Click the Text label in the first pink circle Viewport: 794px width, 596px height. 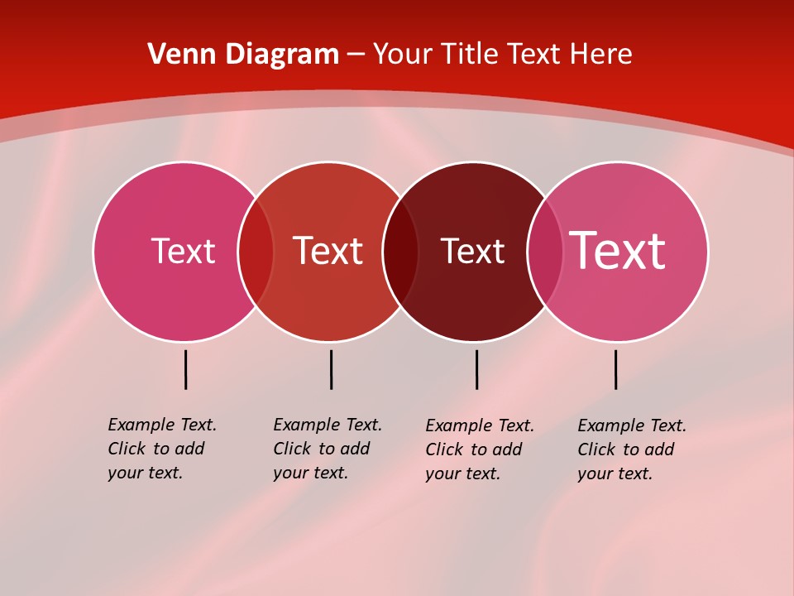tap(183, 251)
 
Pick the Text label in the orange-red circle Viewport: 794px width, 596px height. tap(328, 251)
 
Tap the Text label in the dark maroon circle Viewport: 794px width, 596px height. tap(472, 251)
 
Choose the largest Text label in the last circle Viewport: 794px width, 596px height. tap(618, 251)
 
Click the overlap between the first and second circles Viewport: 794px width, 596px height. tap(256, 252)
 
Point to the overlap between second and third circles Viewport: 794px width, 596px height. tap(400, 252)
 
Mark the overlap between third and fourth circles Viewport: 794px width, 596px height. tap(545, 252)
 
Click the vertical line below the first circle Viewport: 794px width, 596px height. tap(185, 369)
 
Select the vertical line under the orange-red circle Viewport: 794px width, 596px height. tap(331, 369)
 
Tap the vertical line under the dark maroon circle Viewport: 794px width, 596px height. tap(476, 369)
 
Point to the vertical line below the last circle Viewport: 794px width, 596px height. tap(615, 369)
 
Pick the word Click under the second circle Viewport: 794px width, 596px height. tap(292, 449)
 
